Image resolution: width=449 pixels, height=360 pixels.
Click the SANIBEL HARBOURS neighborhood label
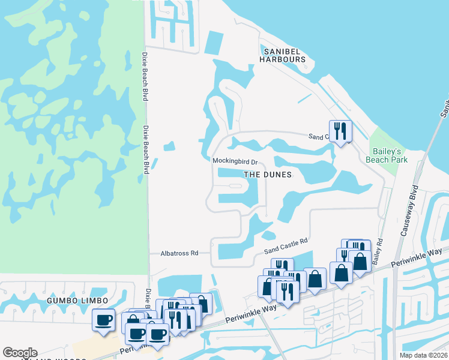click(283, 55)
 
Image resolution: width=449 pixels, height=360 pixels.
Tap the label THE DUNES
click(267, 175)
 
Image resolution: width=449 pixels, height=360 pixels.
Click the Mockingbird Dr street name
click(235, 161)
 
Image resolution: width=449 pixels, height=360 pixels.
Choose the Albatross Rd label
click(179, 253)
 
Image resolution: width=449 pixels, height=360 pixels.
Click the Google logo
click(20, 353)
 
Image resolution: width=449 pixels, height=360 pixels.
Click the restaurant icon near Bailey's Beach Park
click(340, 130)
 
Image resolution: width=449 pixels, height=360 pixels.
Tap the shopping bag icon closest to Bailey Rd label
click(360, 262)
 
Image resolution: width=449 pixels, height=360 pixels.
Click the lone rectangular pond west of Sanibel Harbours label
click(213, 42)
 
